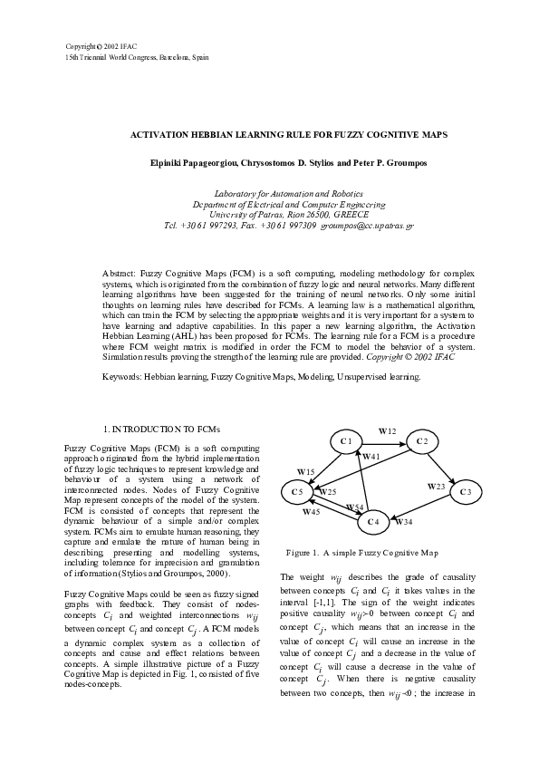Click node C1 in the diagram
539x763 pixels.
coord(345,441)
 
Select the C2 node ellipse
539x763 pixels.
coord(421,441)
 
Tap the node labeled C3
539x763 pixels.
coord(465,492)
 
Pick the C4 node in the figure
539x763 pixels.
coord(372,522)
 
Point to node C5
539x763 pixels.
coord(297,492)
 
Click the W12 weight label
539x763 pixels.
coord(387,431)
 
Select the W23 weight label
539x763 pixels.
coord(435,487)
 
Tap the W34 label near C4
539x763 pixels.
coord(404,523)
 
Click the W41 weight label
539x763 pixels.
coord(371,458)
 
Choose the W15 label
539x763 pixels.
coord(306,472)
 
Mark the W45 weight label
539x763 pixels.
coord(311,512)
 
